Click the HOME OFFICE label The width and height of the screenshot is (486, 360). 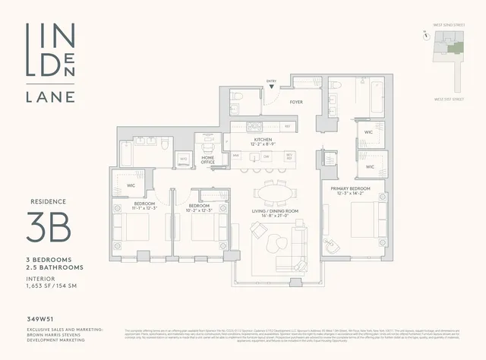[207, 159]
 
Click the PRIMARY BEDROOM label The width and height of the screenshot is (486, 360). [350, 188]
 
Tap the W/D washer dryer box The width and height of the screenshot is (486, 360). [183, 159]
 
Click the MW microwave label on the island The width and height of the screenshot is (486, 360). [236, 156]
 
